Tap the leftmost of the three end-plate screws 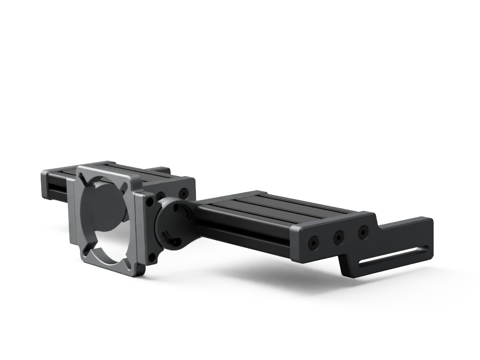point(313,243)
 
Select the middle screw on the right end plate point(338,238)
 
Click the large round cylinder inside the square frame point(107,206)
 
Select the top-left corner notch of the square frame point(84,177)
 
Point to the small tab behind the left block point(161,169)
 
